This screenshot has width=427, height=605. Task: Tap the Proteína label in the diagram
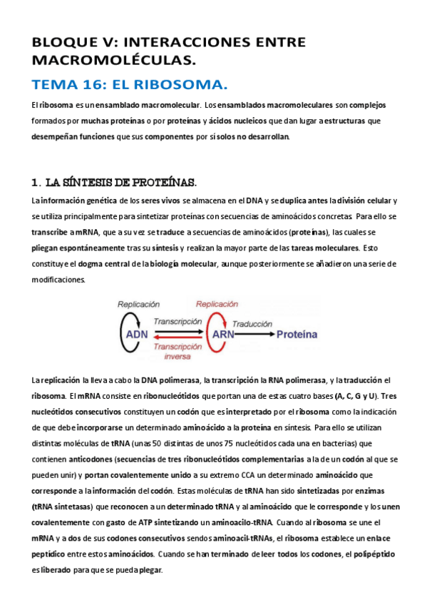coord(300,333)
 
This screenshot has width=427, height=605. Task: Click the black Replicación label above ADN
coord(138,304)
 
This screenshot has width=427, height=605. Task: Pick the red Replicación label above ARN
coord(217,304)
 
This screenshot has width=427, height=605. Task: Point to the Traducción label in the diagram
coord(253,322)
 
